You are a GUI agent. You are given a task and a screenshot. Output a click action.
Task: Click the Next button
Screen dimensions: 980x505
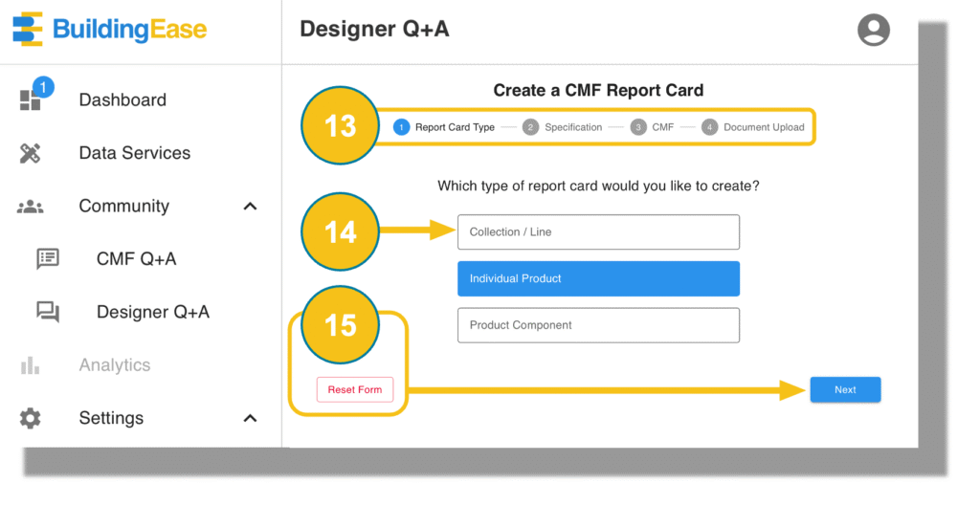(845, 389)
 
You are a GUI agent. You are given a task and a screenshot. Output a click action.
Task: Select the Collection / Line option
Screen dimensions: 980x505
(598, 231)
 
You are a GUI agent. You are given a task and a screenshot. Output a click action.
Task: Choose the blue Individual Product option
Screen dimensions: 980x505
(598, 278)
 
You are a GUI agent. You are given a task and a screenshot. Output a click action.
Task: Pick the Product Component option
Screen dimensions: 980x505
(598, 325)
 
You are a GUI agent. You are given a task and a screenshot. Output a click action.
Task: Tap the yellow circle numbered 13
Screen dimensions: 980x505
(340, 125)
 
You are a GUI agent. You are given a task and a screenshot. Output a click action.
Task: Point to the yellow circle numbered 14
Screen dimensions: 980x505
(340, 231)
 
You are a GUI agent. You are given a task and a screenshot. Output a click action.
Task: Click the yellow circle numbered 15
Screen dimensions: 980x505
(340, 325)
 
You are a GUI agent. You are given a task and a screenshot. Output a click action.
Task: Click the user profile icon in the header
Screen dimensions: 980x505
(873, 30)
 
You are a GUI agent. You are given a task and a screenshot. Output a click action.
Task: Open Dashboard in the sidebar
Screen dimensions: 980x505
(122, 100)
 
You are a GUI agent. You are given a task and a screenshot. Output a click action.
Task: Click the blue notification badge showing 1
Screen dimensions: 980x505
(43, 87)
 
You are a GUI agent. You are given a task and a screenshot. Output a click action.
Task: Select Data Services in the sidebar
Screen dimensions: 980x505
(134, 153)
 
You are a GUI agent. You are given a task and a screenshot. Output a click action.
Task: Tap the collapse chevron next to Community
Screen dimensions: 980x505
(250, 207)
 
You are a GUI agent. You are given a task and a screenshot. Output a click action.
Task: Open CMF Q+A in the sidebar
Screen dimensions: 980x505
(136, 259)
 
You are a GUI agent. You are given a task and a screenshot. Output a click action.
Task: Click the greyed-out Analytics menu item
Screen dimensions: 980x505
(115, 365)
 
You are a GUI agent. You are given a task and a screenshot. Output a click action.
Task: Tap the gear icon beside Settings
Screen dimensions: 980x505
(30, 418)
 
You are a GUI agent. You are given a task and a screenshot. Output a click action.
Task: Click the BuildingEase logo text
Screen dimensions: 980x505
(129, 30)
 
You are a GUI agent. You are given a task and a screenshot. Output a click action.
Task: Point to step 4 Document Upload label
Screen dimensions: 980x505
(764, 127)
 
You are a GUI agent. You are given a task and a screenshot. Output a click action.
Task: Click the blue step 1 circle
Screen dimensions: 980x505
(401, 127)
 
